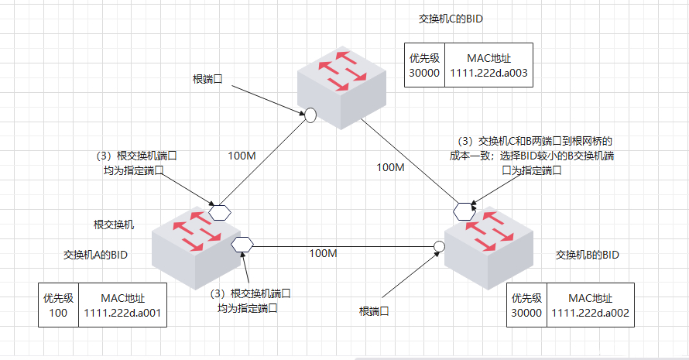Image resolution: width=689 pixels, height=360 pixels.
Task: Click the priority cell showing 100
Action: (58, 305)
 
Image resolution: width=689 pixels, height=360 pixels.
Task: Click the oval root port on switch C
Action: (310, 115)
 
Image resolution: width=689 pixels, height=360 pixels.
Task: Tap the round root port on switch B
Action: (439, 246)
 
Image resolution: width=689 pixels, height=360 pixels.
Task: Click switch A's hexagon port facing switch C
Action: (220, 211)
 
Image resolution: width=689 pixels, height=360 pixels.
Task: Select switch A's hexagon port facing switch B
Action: (243, 244)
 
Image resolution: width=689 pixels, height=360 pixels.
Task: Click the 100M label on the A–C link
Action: (242, 156)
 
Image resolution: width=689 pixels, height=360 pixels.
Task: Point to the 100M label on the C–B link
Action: (389, 167)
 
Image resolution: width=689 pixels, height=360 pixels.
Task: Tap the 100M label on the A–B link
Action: (323, 253)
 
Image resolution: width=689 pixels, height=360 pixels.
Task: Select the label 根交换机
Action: (114, 225)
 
